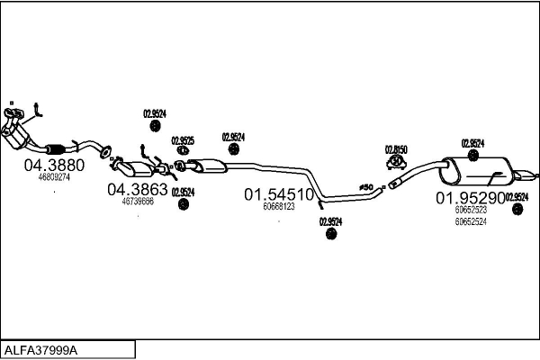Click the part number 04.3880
[53, 166]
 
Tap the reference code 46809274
[53, 177]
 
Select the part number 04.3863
[138, 189]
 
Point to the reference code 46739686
[138, 201]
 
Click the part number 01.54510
[279, 194]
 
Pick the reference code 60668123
[279, 206]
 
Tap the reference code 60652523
[470, 210]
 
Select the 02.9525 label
[183, 140]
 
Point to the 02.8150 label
[396, 149]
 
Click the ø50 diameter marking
[366, 187]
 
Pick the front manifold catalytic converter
[22, 136]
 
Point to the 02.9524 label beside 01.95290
[517, 197]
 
